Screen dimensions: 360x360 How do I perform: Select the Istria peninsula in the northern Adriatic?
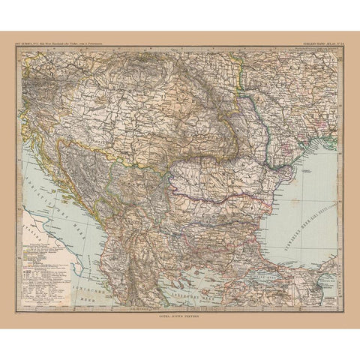[30, 145]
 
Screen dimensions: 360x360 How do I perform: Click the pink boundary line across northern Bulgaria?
[217, 196]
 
